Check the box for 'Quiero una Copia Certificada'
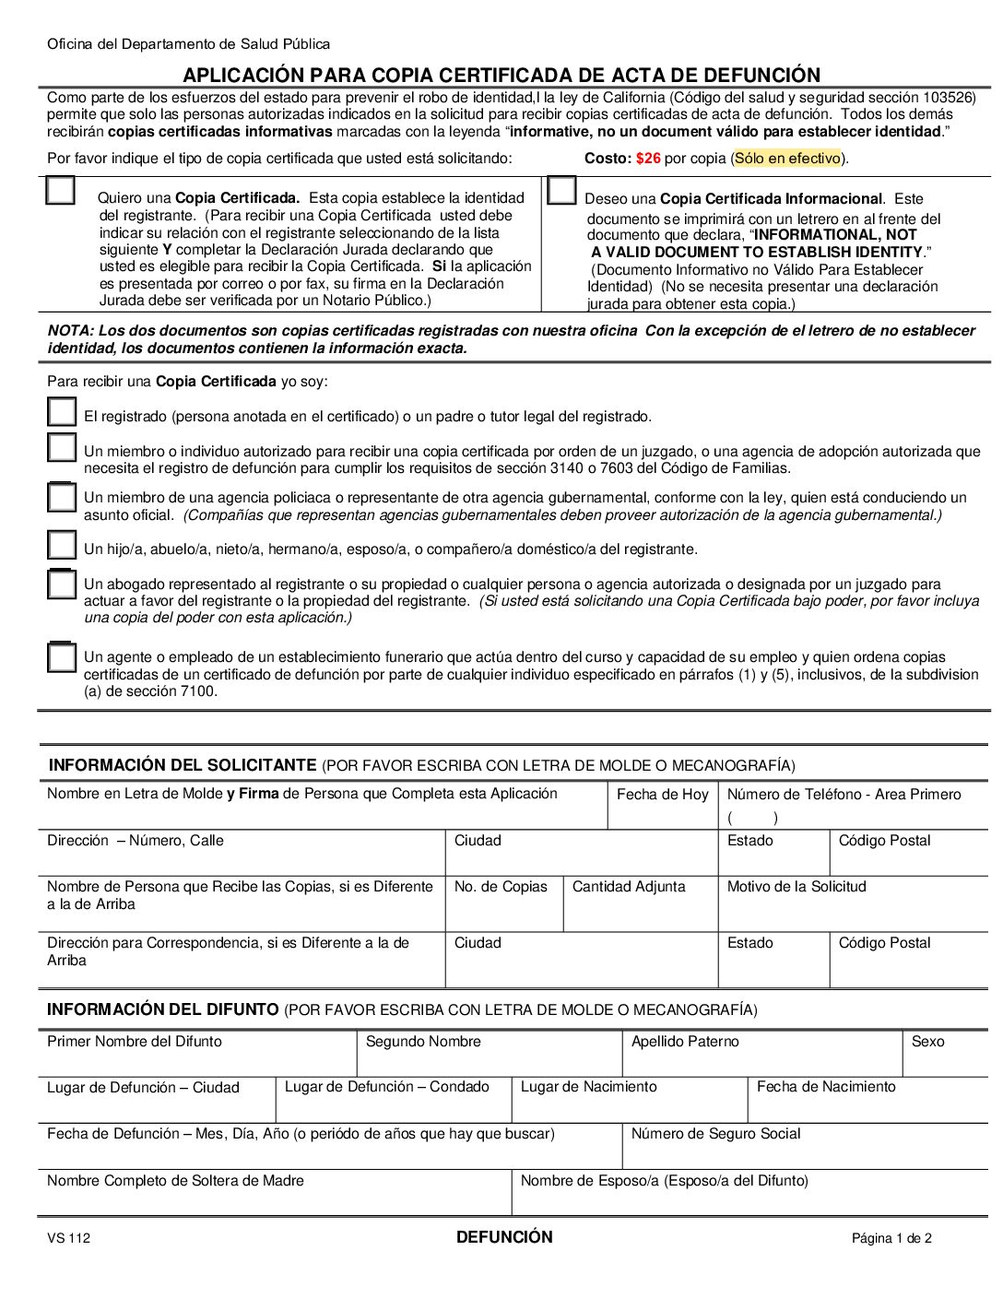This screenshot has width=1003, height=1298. coord(61,190)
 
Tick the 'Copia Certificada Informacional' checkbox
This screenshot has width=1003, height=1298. coord(561,190)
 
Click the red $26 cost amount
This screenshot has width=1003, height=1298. coord(648,159)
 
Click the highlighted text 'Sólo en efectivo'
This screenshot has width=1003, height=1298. coord(788,159)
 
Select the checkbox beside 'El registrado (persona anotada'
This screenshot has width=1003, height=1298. coord(62,412)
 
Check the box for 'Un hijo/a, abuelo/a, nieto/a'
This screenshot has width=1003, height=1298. coord(62,545)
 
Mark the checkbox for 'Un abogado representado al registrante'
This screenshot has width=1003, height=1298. coord(62,584)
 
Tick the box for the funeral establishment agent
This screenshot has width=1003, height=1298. coord(62,657)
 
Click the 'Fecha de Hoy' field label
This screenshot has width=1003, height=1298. coord(662,795)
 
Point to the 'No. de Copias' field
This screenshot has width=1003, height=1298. coord(501,887)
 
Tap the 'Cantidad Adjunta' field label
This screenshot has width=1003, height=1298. coord(629,887)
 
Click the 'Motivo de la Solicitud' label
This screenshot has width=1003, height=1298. coord(796,887)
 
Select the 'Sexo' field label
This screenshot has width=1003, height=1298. coord(927,1042)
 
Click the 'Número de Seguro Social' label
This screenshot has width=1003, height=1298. coord(715,1134)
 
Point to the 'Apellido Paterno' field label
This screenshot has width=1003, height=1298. coord(685,1042)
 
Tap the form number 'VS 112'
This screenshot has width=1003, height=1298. coord(69,1238)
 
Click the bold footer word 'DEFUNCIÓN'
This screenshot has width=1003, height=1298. coord(504,1237)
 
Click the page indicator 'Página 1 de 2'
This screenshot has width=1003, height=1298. coord(891,1238)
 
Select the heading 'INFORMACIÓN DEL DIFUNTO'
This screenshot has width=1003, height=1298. coord(162,1009)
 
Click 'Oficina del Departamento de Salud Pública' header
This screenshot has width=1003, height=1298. coord(188,44)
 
